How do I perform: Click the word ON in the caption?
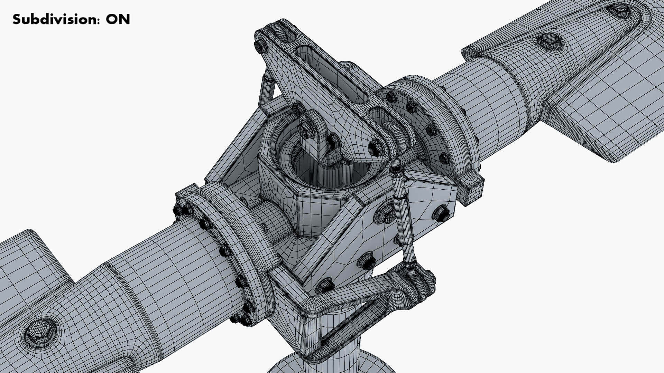pyautogui.click(x=118, y=20)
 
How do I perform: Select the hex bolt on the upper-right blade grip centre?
pyautogui.click(x=549, y=41)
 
